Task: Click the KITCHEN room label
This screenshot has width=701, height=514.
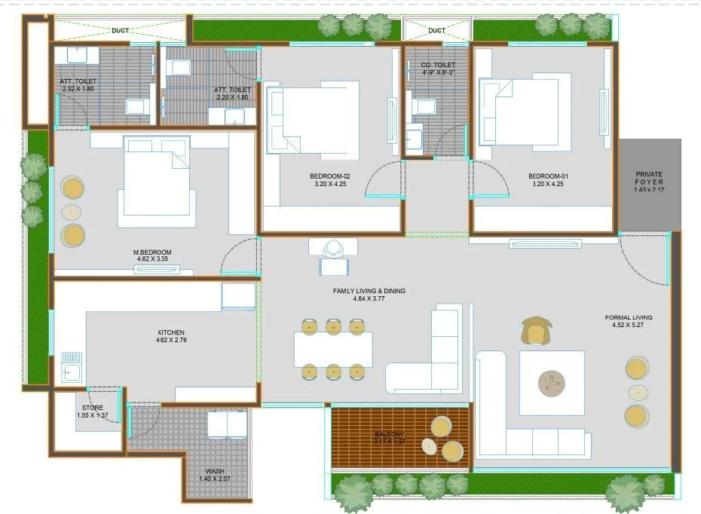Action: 171,332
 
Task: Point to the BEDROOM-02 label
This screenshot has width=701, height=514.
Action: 330,176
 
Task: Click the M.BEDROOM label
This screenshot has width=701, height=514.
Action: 153,252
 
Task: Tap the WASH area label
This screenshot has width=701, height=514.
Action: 215,471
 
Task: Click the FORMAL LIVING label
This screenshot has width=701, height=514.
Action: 629,317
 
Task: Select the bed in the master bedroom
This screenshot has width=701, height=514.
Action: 156,181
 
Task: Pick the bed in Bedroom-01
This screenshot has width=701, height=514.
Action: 520,110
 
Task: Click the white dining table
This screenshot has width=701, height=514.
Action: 333,350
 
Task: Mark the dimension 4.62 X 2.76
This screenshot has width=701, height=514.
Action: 171,341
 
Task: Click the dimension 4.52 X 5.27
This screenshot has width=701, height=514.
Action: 629,326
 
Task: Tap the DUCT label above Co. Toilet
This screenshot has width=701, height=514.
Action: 436,31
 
